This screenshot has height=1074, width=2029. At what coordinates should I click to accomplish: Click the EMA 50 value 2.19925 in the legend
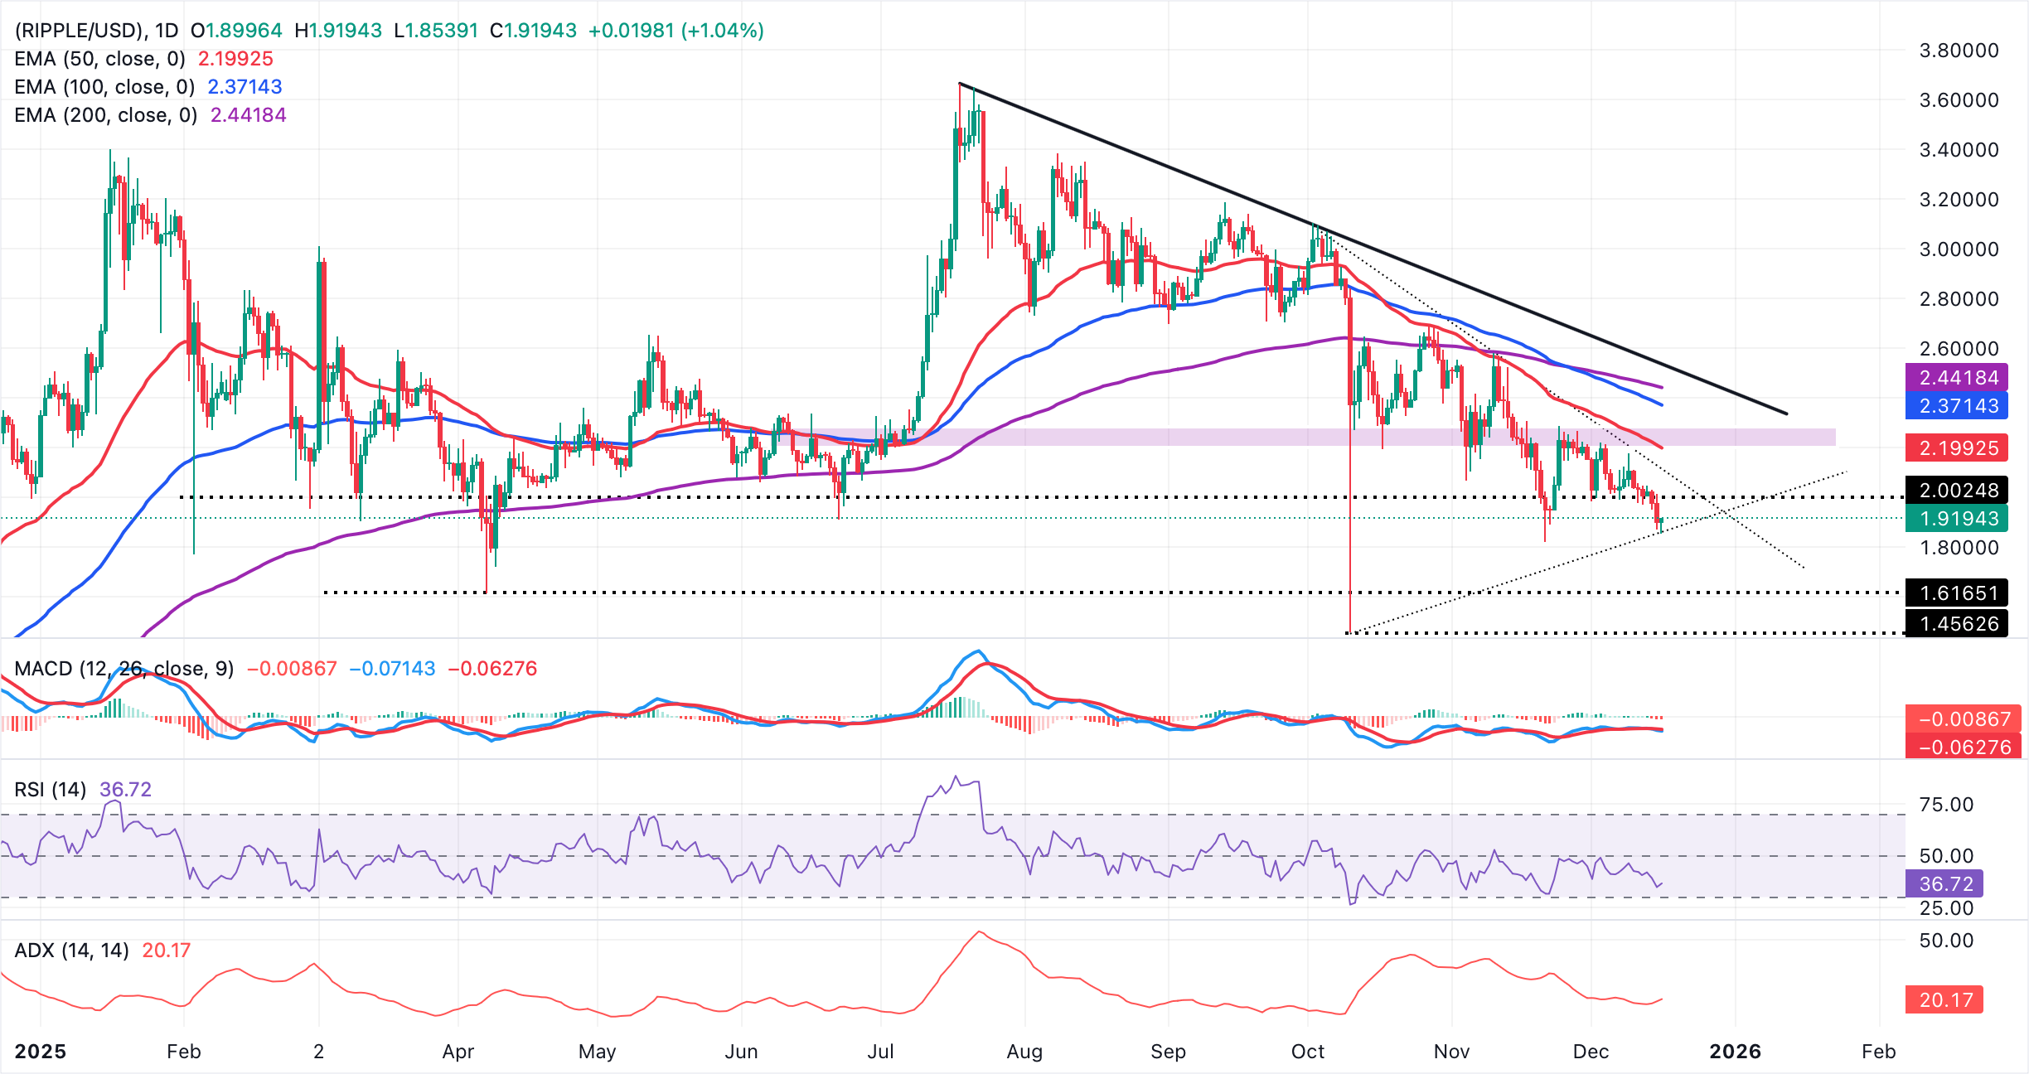coord(235,59)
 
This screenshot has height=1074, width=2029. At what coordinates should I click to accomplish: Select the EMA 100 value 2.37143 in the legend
coord(245,87)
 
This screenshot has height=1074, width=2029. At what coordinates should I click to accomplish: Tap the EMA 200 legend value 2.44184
coord(248,115)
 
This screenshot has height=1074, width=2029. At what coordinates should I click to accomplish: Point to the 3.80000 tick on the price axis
coord(1959,51)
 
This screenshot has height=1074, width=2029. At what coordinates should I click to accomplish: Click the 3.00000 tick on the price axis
coord(1959,249)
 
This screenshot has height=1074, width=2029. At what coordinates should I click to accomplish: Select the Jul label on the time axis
coord(880,1052)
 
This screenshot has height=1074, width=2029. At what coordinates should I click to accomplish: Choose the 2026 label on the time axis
coord(1735,1052)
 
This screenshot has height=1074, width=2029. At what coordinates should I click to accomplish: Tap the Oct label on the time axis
coord(1308,1052)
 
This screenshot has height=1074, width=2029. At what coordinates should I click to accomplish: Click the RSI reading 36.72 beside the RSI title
coord(125,790)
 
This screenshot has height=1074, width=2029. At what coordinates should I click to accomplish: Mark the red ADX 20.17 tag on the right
coord(1945,1000)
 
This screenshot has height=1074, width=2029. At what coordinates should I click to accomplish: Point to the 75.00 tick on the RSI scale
coord(1946,805)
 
